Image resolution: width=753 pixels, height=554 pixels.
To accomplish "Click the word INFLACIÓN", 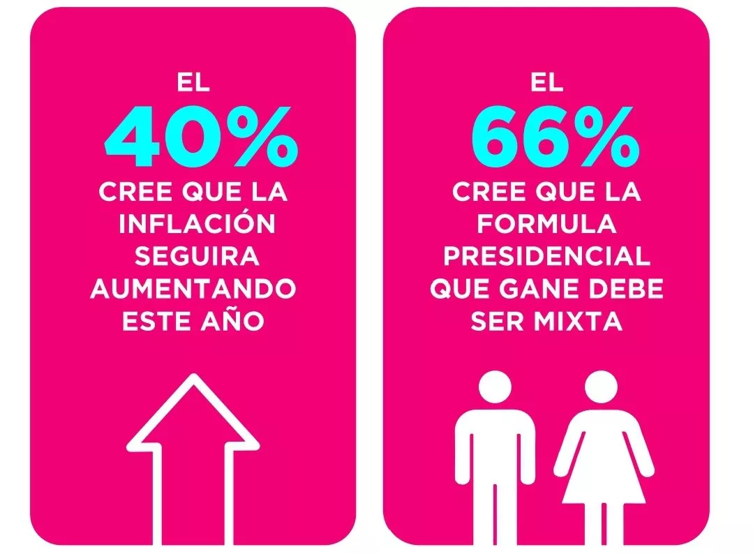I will (197, 225).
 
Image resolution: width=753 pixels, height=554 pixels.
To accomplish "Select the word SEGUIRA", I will (197, 257).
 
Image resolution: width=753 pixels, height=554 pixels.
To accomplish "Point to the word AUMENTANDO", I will (193, 289).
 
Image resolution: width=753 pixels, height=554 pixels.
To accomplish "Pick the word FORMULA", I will (546, 225).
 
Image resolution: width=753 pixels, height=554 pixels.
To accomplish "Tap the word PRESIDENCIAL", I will (546, 257).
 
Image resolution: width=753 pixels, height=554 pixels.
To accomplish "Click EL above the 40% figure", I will (193, 83).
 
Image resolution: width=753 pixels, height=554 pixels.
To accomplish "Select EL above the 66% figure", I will (546, 83).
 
